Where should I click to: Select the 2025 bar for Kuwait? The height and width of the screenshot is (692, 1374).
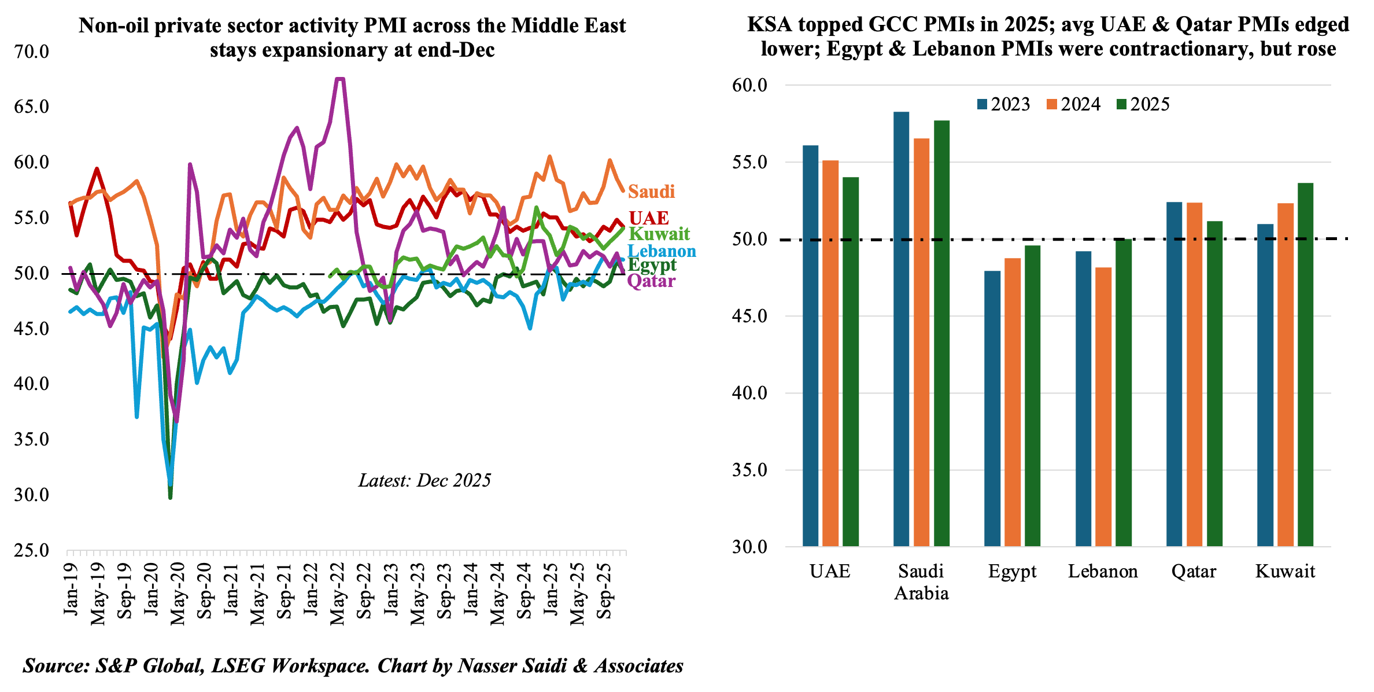click(x=1305, y=365)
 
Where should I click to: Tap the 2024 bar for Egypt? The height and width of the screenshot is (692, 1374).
click(x=1013, y=402)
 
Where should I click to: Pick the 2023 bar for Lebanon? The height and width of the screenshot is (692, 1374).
click(x=1083, y=399)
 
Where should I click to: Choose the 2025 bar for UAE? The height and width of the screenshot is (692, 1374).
click(x=851, y=362)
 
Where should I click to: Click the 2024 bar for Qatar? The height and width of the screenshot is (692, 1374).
click(x=1194, y=374)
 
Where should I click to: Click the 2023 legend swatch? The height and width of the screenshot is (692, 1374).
click(x=982, y=105)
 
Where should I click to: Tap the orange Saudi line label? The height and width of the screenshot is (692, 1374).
click(x=651, y=192)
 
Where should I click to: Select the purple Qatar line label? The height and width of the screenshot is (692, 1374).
click(x=651, y=281)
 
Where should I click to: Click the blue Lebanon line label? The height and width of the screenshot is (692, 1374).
click(x=662, y=251)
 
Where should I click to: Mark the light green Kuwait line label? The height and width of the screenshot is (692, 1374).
click(x=659, y=234)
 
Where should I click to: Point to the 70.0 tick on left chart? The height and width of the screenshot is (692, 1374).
click(x=32, y=51)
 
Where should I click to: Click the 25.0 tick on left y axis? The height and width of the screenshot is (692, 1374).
click(x=32, y=550)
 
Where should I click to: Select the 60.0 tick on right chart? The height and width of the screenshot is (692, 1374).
click(x=749, y=86)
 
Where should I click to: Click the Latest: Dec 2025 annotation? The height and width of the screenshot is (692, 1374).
click(x=424, y=480)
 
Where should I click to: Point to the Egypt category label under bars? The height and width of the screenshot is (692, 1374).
click(x=1012, y=572)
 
